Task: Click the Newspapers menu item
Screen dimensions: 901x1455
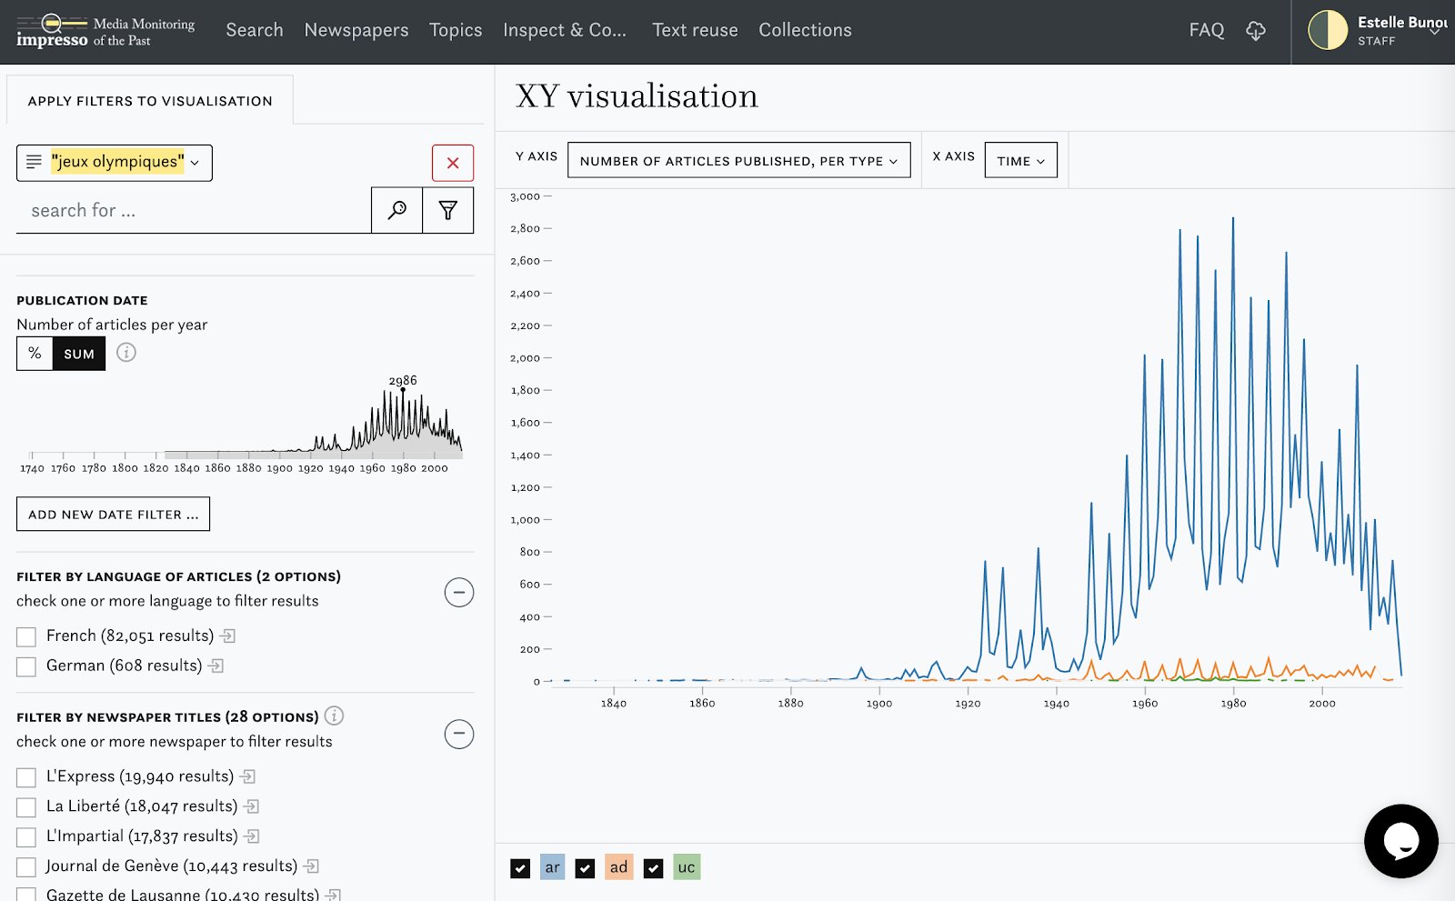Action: [356, 30]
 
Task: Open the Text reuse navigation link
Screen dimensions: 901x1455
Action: [695, 30]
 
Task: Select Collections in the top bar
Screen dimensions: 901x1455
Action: [805, 30]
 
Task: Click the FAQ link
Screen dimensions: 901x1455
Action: [1206, 30]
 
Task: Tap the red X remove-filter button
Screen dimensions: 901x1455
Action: [453, 164]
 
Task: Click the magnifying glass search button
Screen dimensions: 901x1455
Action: [397, 211]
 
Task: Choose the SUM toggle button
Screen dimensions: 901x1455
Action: [79, 354]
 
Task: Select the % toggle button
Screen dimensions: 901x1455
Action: [35, 354]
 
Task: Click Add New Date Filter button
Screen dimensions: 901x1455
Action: [113, 515]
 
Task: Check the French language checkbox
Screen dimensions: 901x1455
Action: [26, 636]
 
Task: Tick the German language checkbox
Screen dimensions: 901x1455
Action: [26, 666]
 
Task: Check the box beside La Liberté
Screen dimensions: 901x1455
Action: [26, 807]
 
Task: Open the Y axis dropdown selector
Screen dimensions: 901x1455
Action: [738, 161]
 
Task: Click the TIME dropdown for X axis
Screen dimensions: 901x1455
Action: [1020, 161]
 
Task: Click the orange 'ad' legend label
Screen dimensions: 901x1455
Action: [618, 867]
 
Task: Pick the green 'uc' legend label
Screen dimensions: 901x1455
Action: [687, 867]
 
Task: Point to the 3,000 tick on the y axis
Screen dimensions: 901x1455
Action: [526, 196]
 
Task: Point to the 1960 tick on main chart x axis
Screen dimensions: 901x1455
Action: [1145, 703]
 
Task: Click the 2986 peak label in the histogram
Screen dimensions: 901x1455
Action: [403, 381]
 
